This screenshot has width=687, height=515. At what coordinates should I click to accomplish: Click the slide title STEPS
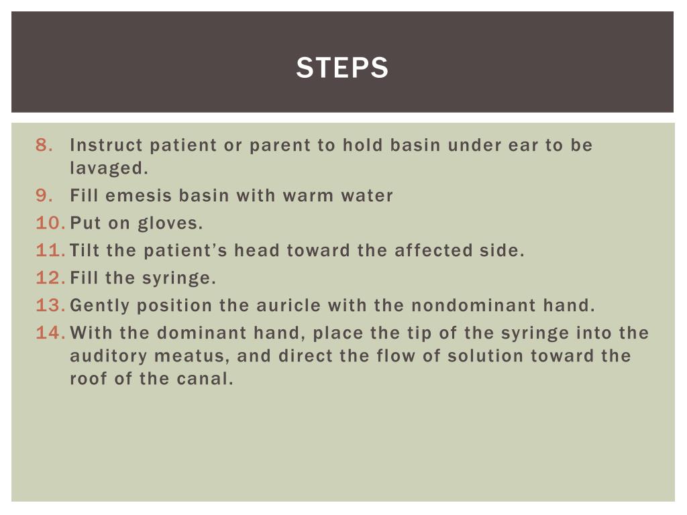(342, 68)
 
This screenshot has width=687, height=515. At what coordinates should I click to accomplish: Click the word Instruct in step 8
(106, 146)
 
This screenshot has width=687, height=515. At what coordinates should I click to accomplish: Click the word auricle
(290, 306)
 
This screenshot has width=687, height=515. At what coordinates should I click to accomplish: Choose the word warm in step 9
(303, 196)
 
